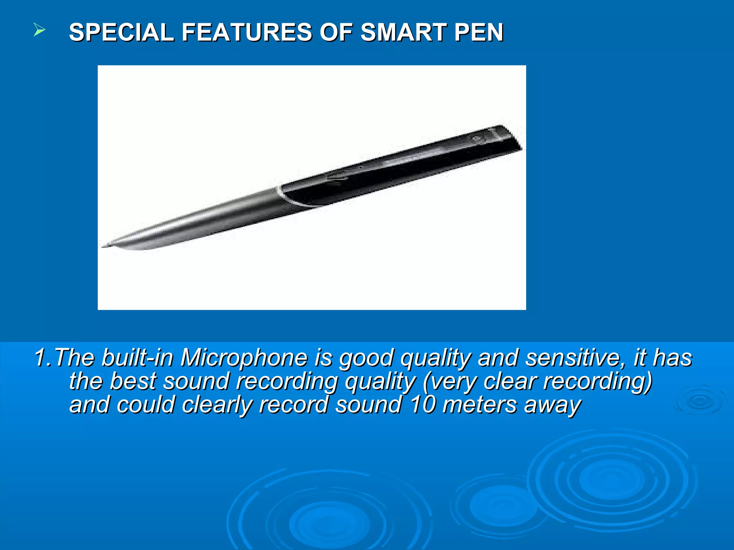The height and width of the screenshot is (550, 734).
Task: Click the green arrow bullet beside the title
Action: pyautogui.click(x=39, y=30)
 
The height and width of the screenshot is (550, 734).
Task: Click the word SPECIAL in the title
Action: pyautogui.click(x=121, y=33)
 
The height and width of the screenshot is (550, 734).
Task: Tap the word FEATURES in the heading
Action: pyautogui.click(x=247, y=33)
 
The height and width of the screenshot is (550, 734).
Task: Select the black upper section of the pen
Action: pyautogui.click(x=394, y=168)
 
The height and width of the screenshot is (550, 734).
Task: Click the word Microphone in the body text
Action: pyautogui.click(x=244, y=358)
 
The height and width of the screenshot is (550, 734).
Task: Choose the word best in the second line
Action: pyautogui.click(x=133, y=381)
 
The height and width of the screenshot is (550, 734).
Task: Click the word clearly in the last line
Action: pyautogui.click(x=216, y=405)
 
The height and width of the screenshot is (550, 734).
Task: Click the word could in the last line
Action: pyautogui.click(x=146, y=405)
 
